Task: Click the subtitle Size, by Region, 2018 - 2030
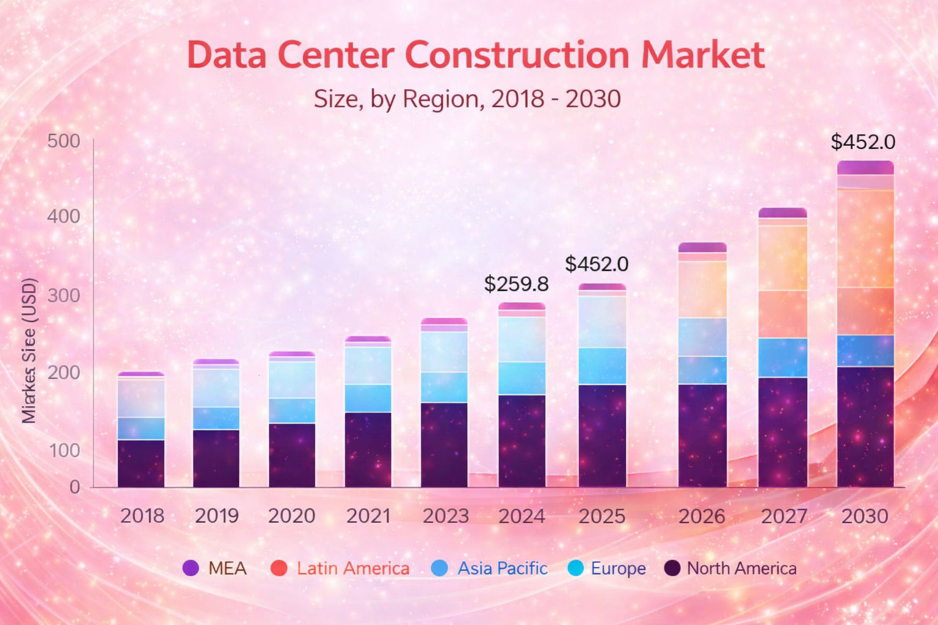pos(467,99)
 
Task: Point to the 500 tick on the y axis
pos(64,141)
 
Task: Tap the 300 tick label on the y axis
pos(64,295)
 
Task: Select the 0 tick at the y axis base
pos(75,487)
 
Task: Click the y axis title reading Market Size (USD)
pos(29,351)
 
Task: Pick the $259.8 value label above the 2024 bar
pos(516,284)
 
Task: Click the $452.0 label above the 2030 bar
pos(862,142)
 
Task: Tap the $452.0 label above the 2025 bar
pos(596,264)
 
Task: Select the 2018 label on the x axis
pos(142,516)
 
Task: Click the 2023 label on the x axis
pos(445,516)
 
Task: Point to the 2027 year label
pos(783,516)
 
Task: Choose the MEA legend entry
pos(215,568)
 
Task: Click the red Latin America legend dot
pos(278,568)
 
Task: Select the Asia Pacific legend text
pos(502,568)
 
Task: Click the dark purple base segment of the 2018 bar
pos(141,464)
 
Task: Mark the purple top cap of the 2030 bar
pos(865,167)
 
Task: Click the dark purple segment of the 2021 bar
pos(368,450)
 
